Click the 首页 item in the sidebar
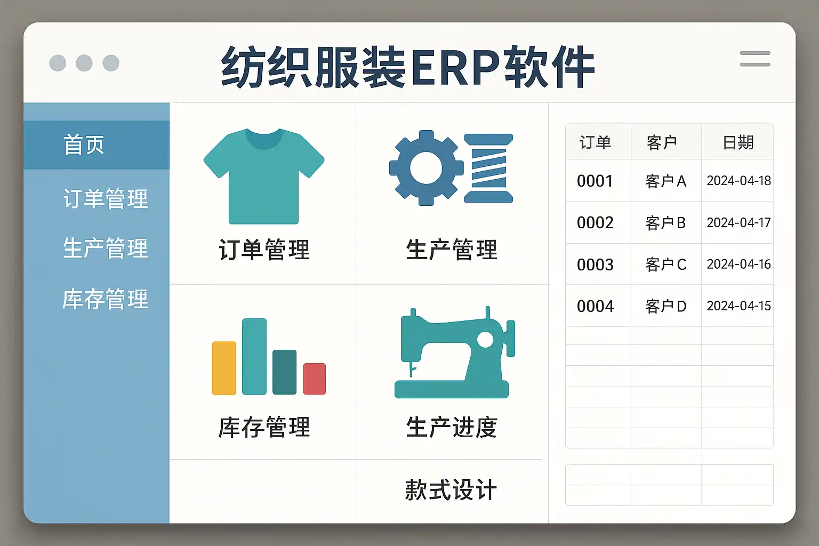pos(84,145)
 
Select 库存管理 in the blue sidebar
pos(105,299)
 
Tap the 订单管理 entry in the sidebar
pos(106,198)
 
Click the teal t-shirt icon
pos(263,176)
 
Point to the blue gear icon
pos(427,168)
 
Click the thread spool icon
pos(488,168)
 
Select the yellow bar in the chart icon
pos(224,368)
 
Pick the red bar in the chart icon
pos(315,379)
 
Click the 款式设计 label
pos(451,489)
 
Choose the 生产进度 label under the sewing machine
pos(452,427)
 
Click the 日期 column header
pos(738,142)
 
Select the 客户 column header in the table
pos(661,142)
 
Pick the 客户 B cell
pos(665,223)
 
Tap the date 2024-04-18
pos(738,181)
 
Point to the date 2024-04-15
pos(738,306)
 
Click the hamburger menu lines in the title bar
pos(755,59)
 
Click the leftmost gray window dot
pos(58,63)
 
